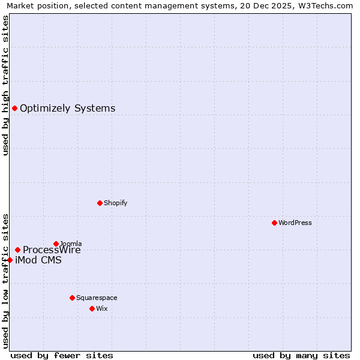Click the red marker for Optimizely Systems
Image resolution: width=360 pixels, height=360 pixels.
14,109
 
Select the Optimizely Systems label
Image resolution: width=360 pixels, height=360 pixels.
67,109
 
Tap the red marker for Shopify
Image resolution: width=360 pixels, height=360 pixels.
100,203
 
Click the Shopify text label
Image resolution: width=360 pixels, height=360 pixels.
115,203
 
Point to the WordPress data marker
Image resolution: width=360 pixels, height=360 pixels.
274,223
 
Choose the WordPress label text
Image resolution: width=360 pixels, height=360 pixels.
295,223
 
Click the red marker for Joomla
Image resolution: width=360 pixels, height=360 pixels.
56,244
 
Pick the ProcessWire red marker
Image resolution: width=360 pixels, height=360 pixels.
17,250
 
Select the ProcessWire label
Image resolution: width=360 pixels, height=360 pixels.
52,250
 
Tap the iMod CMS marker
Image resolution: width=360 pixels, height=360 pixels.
10,260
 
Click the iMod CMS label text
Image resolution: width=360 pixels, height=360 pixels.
38,260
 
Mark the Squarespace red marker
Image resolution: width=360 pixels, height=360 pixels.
72,298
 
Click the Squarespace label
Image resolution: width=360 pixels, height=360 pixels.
97,298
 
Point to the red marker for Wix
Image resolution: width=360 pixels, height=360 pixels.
92,308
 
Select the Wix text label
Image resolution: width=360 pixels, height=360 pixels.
102,308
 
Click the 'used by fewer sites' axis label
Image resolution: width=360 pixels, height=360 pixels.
62,355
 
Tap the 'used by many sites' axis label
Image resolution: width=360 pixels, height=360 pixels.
301,355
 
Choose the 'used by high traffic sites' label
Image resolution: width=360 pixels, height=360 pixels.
5,85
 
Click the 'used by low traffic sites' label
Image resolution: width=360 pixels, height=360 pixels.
5,280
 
